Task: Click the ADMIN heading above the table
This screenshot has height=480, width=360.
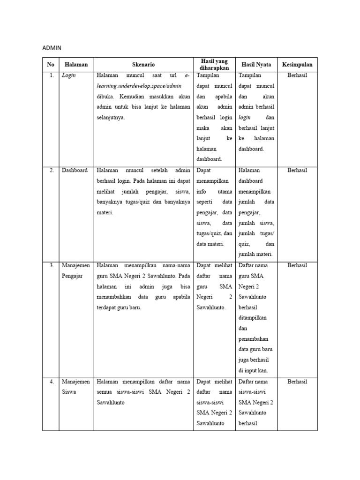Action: pyautogui.click(x=52, y=48)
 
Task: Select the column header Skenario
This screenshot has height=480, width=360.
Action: pyautogui.click(x=143, y=65)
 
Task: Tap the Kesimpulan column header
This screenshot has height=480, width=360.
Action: pyautogui.click(x=297, y=65)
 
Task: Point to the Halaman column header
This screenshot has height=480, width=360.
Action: pyautogui.click(x=76, y=65)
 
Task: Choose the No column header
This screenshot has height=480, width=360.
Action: pyautogui.click(x=51, y=65)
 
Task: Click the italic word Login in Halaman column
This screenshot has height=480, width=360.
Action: pyautogui.click(x=69, y=75)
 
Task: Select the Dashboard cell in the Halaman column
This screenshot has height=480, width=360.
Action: pyautogui.click(x=75, y=171)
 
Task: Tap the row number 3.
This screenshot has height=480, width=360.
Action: pyautogui.click(x=52, y=265)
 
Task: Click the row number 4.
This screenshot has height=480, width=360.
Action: pyautogui.click(x=52, y=382)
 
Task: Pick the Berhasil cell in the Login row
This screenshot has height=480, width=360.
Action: pyautogui.click(x=297, y=75)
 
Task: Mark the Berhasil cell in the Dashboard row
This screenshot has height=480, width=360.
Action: pyautogui.click(x=297, y=171)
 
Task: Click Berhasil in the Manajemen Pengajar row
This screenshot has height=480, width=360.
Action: pyautogui.click(x=297, y=265)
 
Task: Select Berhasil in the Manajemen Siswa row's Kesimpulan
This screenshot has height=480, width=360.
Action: pyautogui.click(x=297, y=382)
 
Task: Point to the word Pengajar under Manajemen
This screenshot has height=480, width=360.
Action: pyautogui.click(x=72, y=276)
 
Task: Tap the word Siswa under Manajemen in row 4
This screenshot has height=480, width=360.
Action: pyautogui.click(x=69, y=392)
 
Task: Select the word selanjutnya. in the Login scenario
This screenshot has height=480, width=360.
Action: pyautogui.click(x=111, y=118)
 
